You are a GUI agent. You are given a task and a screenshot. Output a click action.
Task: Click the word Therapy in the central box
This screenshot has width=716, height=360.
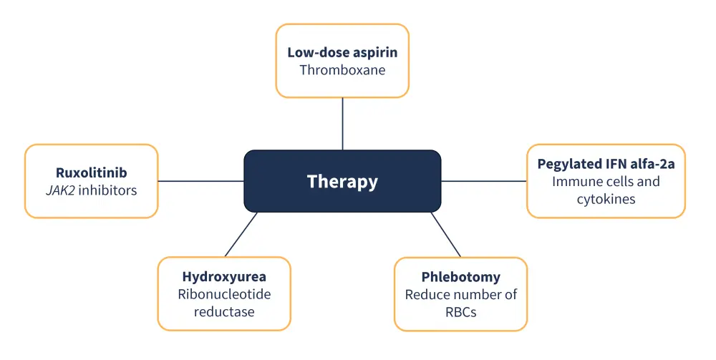(x=342, y=181)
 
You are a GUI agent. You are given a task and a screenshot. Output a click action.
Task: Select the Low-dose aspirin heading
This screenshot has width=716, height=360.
(x=342, y=52)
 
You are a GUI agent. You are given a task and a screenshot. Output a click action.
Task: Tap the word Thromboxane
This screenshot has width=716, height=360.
(x=342, y=70)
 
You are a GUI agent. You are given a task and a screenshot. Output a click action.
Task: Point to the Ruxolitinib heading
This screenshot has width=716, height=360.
(x=91, y=172)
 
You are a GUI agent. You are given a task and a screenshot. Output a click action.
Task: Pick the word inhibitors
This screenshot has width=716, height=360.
(x=107, y=190)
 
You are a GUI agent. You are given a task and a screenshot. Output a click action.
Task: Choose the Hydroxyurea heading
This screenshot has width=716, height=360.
(x=224, y=276)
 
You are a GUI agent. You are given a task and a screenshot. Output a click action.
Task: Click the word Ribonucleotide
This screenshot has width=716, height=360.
(x=224, y=294)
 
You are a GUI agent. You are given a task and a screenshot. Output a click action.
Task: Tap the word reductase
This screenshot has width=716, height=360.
(x=224, y=312)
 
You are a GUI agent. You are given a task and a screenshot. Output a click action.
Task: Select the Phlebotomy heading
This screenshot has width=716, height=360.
(x=460, y=277)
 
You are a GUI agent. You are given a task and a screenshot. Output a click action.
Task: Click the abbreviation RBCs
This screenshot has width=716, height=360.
(x=460, y=312)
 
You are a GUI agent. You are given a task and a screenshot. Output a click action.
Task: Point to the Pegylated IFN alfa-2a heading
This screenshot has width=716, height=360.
(x=606, y=163)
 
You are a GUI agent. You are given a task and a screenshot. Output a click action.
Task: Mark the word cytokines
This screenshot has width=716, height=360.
(x=606, y=199)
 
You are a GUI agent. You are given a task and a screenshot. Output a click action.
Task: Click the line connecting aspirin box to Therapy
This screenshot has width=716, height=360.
(x=342, y=123)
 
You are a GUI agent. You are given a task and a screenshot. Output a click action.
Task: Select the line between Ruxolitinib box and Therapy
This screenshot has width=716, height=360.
(x=200, y=181)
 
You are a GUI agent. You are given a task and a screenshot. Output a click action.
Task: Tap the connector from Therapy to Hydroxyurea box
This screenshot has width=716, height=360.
(x=241, y=234)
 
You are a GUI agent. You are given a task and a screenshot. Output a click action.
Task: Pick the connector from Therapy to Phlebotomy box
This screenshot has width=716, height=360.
(x=445, y=234)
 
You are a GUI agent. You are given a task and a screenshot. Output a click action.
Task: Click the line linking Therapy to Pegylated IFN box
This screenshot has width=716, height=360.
(x=483, y=181)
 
